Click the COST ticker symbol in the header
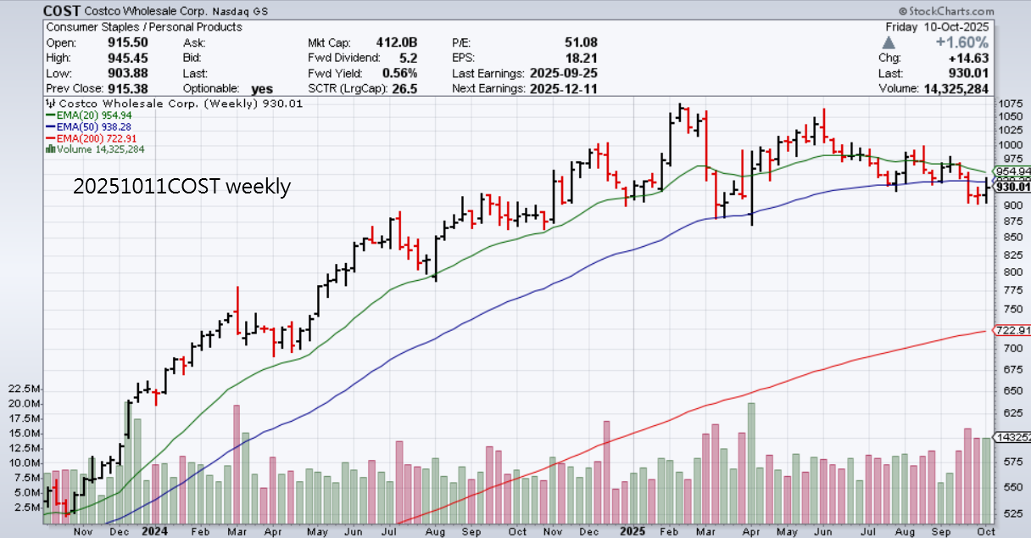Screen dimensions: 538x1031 click(x=62, y=11)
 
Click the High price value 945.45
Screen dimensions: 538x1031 click(x=128, y=58)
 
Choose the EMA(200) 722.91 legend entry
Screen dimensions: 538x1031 click(x=95, y=137)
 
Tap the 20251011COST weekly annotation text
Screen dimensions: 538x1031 click(x=181, y=187)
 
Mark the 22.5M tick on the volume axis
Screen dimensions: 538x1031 click(x=25, y=389)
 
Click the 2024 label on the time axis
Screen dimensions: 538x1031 click(x=155, y=530)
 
